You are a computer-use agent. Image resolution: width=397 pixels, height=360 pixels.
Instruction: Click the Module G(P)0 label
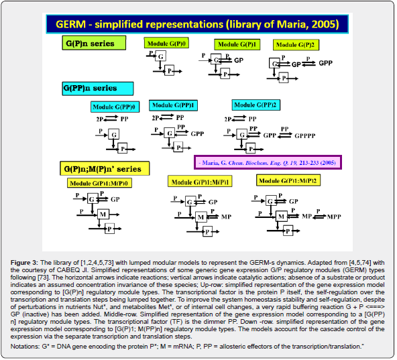(166, 44)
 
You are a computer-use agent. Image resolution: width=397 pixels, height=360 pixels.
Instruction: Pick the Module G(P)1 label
(237, 44)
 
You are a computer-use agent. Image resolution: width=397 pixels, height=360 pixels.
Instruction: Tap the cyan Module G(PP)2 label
(256, 105)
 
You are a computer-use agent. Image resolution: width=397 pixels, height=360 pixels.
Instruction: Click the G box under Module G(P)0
(160, 58)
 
